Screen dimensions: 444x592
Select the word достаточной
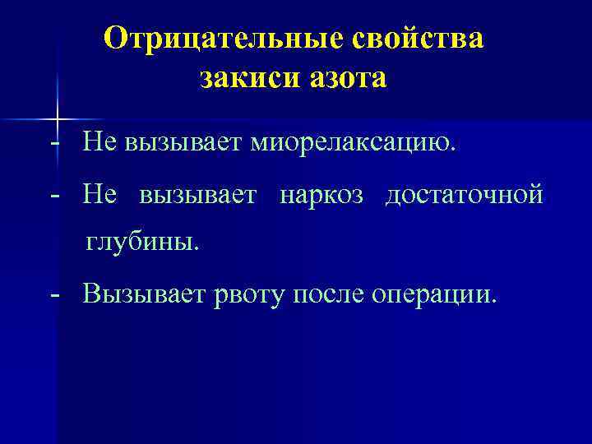(465, 197)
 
